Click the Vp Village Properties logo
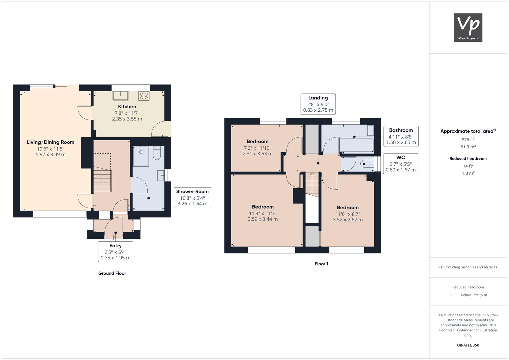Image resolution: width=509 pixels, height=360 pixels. pos(468,27)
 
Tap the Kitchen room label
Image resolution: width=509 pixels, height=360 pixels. pos(127,107)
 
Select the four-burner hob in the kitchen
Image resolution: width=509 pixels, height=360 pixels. pos(144,96)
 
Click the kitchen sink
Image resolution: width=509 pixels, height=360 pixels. pos(120,96)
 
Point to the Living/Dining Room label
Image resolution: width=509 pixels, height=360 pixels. pos(50,142)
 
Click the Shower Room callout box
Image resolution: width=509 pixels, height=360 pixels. pos(192,198)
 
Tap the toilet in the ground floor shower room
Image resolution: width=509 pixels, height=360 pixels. pos(157,153)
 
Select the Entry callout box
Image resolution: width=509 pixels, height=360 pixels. pos(115,252)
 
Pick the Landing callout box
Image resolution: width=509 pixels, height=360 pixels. pos(318,104)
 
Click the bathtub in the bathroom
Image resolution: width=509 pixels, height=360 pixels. pos(356,145)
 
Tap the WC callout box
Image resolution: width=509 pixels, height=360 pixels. pos(401,164)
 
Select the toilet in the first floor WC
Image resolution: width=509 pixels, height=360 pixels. pos(367,164)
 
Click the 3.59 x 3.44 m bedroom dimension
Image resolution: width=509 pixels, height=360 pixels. pos(263,219)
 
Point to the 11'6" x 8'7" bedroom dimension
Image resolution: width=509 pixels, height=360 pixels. pos(348,214)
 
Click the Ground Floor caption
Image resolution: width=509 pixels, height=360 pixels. pos(112,273)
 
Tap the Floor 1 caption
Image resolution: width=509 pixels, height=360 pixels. pos(321,264)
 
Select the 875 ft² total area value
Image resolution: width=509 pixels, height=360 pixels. pos(468,140)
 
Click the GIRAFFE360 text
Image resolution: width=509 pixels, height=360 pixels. pos(468,345)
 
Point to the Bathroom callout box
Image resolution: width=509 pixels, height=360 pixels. pos(401,136)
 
